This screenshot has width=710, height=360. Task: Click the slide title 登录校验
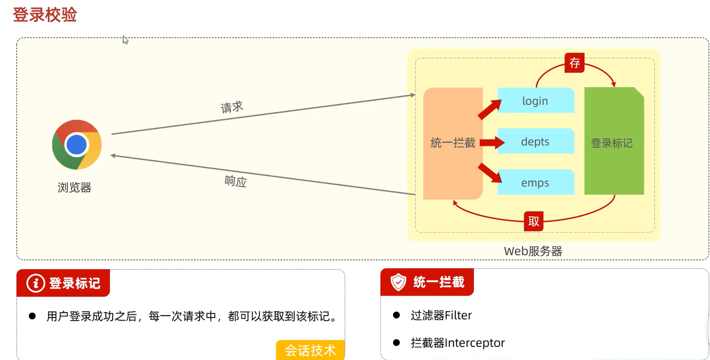[x=44, y=15]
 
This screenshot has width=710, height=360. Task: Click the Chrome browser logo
[x=77, y=144]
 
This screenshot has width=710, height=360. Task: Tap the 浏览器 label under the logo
[x=75, y=188]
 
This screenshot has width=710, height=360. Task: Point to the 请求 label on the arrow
[x=232, y=107]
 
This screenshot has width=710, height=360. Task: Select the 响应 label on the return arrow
[x=236, y=181]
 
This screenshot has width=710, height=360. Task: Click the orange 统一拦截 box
[x=453, y=143]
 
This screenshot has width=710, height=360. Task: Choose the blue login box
[x=535, y=101]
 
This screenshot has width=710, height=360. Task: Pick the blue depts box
[x=535, y=142]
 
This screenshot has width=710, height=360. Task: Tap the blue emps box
[x=535, y=183]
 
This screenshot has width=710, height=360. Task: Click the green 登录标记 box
[x=613, y=143]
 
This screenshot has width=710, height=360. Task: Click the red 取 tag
[x=534, y=221]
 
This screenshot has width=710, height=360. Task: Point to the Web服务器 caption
[x=533, y=252]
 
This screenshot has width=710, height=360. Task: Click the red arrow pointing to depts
[x=492, y=142]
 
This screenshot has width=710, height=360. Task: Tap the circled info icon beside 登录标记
[x=36, y=283]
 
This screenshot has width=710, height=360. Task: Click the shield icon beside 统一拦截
[x=398, y=282]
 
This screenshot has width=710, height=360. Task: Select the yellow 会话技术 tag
[x=311, y=350]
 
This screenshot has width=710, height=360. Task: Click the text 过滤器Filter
[x=441, y=316]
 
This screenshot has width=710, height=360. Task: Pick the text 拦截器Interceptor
[x=457, y=343]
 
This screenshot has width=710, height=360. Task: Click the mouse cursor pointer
[x=125, y=40]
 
